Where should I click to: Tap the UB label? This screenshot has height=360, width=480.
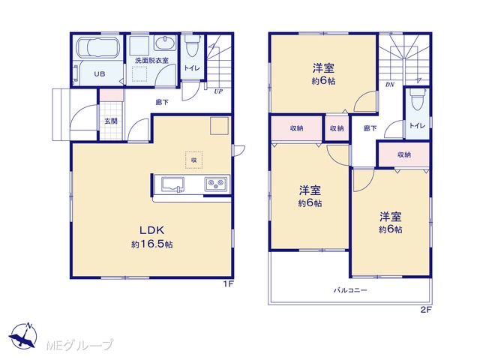click(x=100, y=73)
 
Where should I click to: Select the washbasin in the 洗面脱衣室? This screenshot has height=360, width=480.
click(x=165, y=43)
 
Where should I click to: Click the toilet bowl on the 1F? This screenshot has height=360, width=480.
click(x=192, y=45)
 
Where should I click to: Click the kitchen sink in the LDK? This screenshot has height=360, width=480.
click(x=172, y=185)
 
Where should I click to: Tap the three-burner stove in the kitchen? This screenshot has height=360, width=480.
click(x=216, y=184)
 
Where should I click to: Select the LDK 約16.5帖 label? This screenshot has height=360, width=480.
click(x=152, y=237)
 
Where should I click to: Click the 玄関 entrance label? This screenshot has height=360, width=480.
click(x=111, y=121)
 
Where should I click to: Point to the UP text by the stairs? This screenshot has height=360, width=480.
click(x=218, y=91)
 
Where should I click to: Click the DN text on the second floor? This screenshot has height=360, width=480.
click(x=390, y=85)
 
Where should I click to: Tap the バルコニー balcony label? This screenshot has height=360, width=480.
click(x=350, y=289)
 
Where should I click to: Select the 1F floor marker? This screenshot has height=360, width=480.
click(x=228, y=283)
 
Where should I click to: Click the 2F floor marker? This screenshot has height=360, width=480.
click(x=425, y=310)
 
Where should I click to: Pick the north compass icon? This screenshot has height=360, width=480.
click(x=23, y=335)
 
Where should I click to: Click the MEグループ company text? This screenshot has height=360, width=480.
click(x=80, y=345)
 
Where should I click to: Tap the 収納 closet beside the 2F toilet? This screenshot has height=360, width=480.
click(x=404, y=154)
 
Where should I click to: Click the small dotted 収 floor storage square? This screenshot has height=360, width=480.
click(x=193, y=160)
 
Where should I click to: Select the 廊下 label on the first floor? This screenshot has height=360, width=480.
click(x=162, y=102)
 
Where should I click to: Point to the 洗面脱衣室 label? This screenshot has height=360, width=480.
click(x=151, y=60)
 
